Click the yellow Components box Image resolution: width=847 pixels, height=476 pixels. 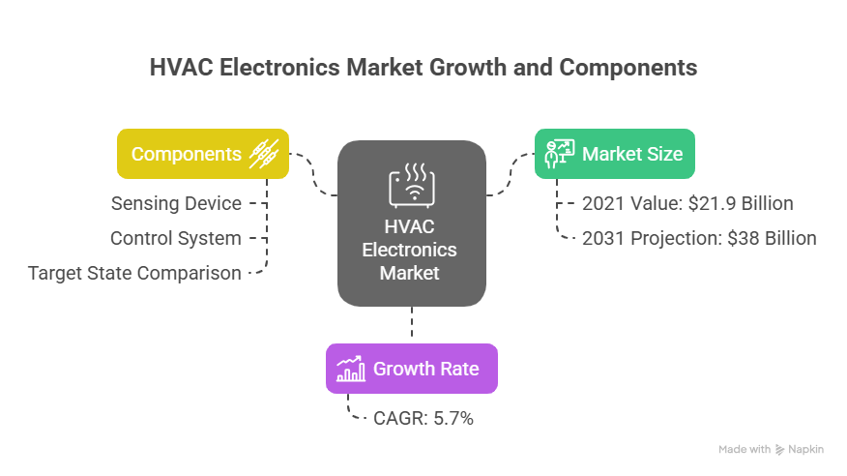(x=203, y=154)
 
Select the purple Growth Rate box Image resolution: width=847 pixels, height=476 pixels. (x=412, y=369)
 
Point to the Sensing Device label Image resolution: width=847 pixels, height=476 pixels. (x=176, y=203)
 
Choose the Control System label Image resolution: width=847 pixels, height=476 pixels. (x=175, y=238)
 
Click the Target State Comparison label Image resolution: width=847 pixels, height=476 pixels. (x=134, y=273)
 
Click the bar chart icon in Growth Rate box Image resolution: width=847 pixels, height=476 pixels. (x=350, y=369)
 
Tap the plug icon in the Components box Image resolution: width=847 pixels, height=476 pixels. (x=264, y=154)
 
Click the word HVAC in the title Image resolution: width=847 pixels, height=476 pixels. (x=180, y=69)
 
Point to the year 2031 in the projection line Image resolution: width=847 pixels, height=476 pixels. (x=601, y=238)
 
